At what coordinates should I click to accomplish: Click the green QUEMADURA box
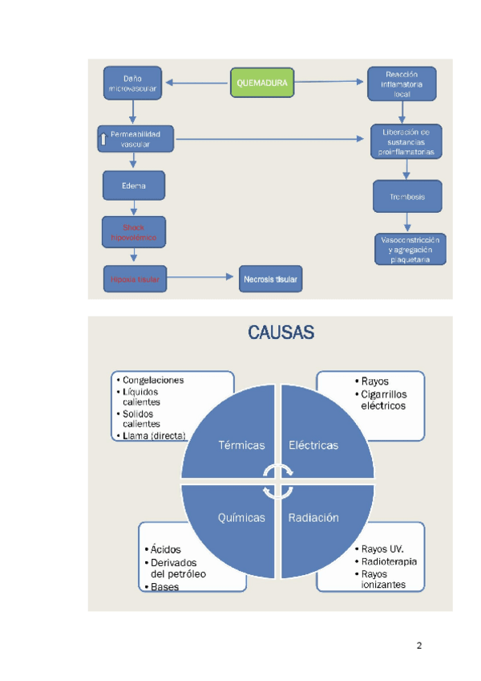[x=261, y=82]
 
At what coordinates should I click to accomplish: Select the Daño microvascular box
[x=134, y=83]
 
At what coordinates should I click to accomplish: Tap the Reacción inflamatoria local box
[x=402, y=84]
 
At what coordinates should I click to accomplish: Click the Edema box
[x=134, y=186]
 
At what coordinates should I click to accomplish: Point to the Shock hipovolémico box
[x=134, y=232]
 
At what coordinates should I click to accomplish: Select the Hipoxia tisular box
[x=134, y=279]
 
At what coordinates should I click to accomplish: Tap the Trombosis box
[x=407, y=197]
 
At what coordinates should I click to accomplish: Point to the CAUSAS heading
[x=281, y=332]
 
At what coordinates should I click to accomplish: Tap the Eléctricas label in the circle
[x=313, y=445]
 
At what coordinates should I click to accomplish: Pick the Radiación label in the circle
[x=313, y=518]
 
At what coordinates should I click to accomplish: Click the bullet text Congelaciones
[x=153, y=380]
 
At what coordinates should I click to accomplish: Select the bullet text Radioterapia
[x=390, y=561]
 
